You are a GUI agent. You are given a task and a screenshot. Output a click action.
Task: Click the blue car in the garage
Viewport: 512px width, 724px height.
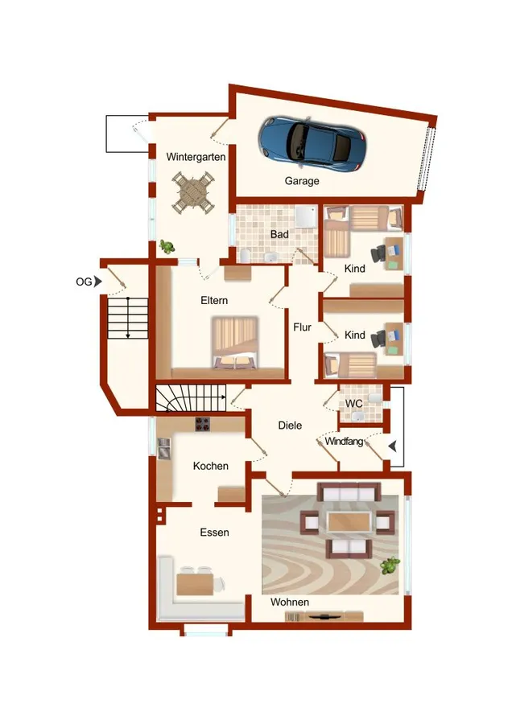pos(313,144)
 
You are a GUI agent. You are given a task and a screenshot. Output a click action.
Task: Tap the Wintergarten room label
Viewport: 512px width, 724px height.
pos(196,157)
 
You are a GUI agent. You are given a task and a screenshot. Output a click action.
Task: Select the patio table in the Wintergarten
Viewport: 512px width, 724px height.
pos(192,192)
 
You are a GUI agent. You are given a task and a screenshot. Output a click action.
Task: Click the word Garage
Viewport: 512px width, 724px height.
pos(302,181)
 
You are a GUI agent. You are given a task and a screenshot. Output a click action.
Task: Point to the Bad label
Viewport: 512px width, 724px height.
pos(279,234)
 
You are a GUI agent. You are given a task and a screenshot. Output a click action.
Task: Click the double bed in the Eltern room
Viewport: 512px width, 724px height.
pos(235,343)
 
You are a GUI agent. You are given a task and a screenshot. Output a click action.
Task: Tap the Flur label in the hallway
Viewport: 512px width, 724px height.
pos(302,327)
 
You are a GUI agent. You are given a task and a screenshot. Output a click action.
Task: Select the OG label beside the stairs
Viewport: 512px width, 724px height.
pos(84,282)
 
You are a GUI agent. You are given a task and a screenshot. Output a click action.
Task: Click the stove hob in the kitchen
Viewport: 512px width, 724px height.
pos(202,424)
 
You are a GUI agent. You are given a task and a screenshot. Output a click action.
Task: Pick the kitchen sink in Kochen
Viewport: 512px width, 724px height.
pos(164,448)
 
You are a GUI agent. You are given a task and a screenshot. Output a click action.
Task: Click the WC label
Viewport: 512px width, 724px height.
pos(354,404)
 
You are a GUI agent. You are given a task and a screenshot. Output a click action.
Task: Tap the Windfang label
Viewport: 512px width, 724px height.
pos(344,442)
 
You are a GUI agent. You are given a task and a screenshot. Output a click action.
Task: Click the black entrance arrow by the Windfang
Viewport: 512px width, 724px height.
pos(392,446)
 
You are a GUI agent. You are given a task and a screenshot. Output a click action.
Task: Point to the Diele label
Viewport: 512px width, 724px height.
pos(290,426)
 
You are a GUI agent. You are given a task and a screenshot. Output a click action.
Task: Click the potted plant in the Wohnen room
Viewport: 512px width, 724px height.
pos(390,565)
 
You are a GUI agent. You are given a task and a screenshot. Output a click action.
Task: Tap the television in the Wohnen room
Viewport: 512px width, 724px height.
pos(324,616)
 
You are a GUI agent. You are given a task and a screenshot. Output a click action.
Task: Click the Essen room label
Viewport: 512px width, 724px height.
pos(214,533)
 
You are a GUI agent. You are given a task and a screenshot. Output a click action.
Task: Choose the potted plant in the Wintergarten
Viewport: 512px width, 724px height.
pos(167,247)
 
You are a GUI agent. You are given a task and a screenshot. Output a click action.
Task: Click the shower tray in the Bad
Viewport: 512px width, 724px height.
pos(305,216)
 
